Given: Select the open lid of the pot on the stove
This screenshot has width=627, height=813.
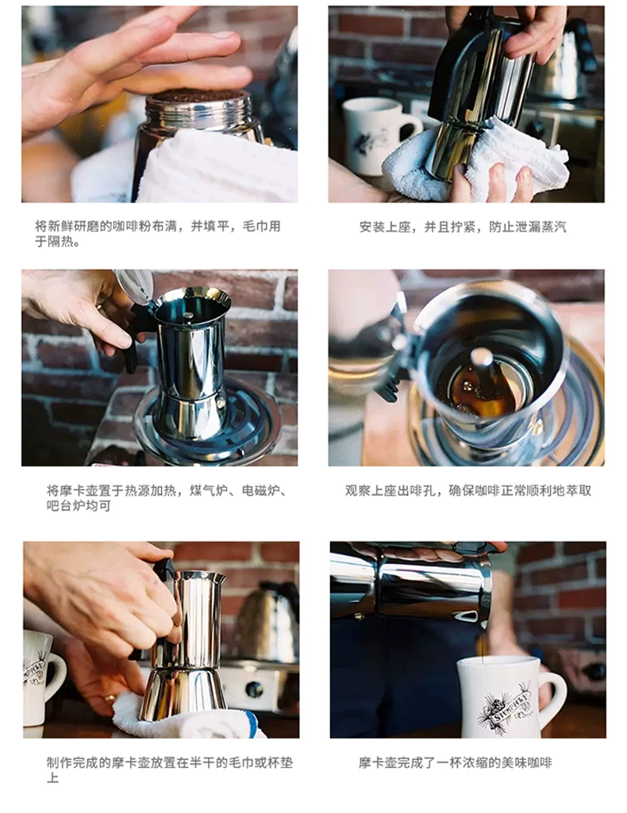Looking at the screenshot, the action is pyautogui.click(x=134, y=286).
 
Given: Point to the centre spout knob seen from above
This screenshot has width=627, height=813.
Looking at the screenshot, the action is pyautogui.click(x=482, y=357).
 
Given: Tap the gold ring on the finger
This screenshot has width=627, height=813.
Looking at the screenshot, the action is pyautogui.click(x=110, y=698).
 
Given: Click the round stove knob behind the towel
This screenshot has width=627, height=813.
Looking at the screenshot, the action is pyautogui.click(x=254, y=689).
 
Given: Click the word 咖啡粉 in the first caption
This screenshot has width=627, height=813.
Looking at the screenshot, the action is pyautogui.click(x=132, y=227).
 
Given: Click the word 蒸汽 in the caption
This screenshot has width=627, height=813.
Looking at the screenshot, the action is pyautogui.click(x=553, y=227).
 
